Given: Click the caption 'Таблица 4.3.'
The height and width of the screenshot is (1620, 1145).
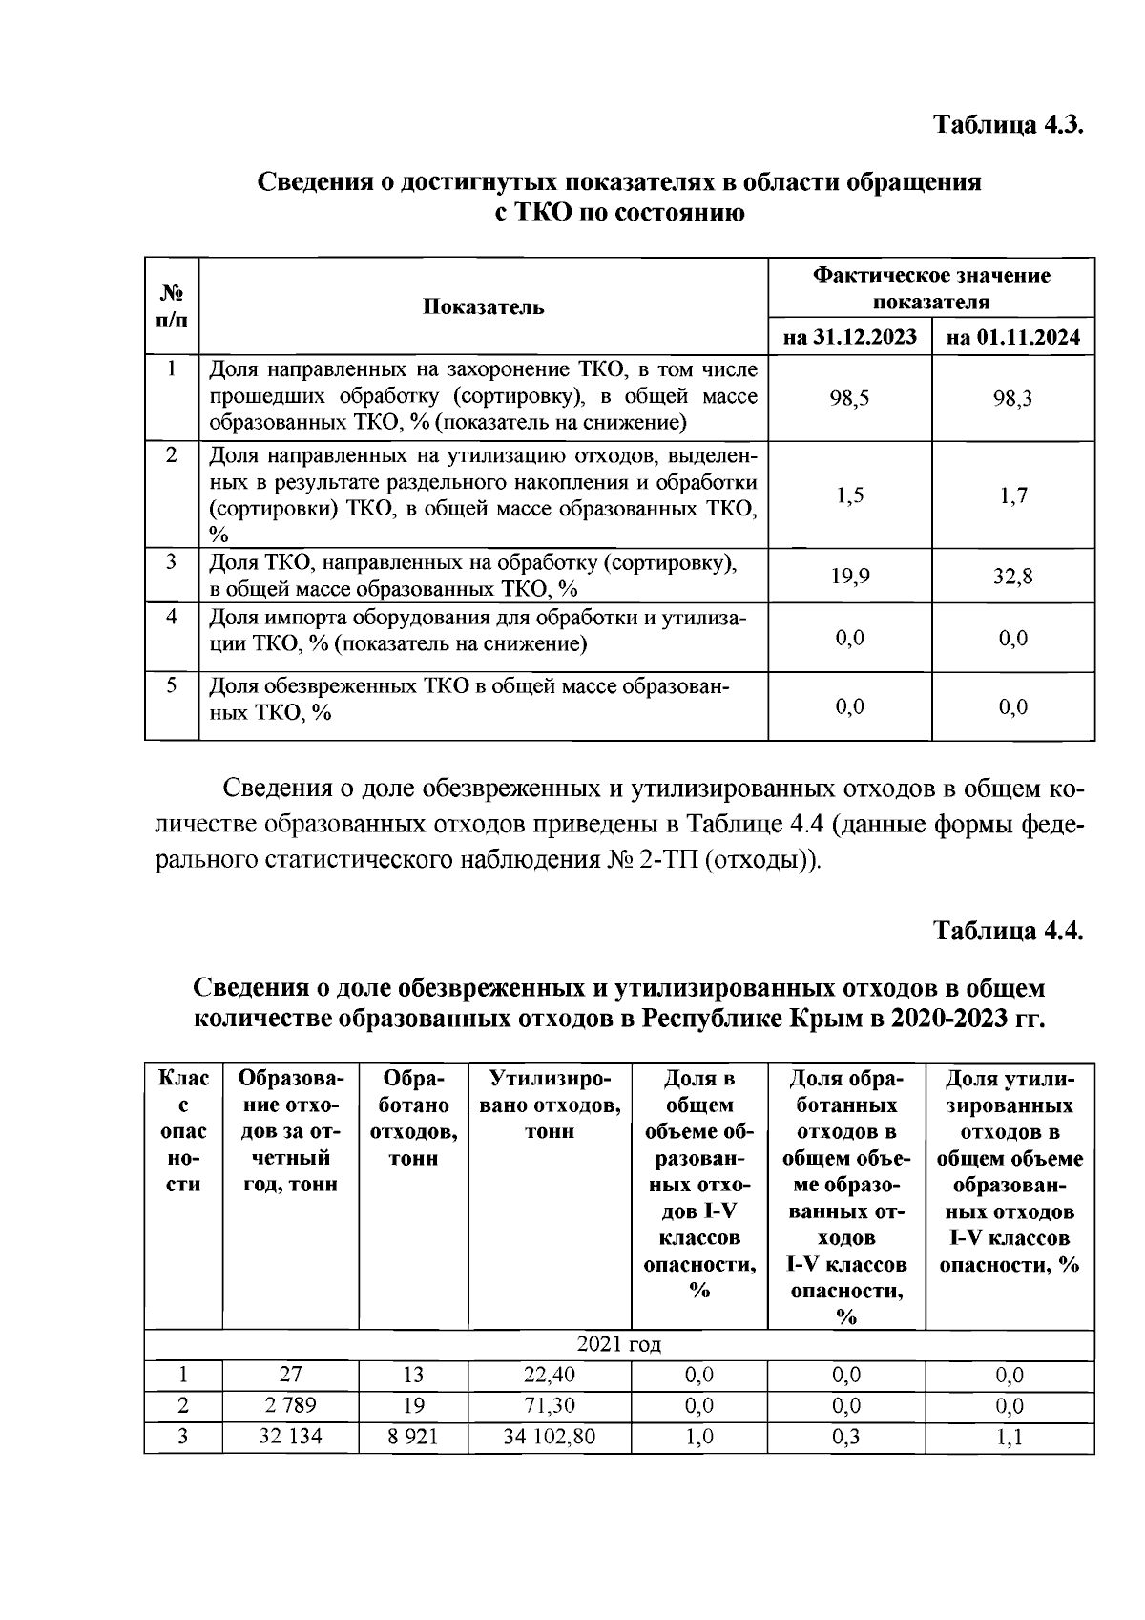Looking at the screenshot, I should click(x=1008, y=125).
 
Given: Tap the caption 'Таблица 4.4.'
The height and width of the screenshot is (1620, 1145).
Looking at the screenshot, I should click(x=1008, y=931).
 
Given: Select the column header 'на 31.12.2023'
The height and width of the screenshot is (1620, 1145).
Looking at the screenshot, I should click(x=849, y=337).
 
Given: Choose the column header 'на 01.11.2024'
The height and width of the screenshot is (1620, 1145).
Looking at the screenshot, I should click(x=1013, y=337).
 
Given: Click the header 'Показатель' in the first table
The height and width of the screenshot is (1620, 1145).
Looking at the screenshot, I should click(x=484, y=306).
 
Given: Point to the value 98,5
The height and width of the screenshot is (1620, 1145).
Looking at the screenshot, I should click(x=849, y=398).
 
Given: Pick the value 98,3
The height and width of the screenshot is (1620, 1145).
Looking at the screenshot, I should click(x=1012, y=398).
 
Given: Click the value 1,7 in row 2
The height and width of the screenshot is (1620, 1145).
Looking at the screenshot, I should click(x=1013, y=494).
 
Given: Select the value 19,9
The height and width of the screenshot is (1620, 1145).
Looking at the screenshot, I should click(x=849, y=576).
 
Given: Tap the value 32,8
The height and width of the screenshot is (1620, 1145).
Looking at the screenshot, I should click(x=1012, y=576).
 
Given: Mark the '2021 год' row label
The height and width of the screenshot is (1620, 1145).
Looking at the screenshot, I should click(x=619, y=1344).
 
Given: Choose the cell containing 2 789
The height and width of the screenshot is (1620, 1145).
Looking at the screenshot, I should click(x=290, y=1405).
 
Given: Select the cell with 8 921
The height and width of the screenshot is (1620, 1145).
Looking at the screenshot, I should click(x=412, y=1436).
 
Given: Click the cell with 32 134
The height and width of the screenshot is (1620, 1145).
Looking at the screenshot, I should click(x=290, y=1436).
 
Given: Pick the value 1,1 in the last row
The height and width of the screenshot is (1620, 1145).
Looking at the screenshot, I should click(x=1010, y=1436).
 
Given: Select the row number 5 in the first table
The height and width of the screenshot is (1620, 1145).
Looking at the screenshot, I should click(x=172, y=685).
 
